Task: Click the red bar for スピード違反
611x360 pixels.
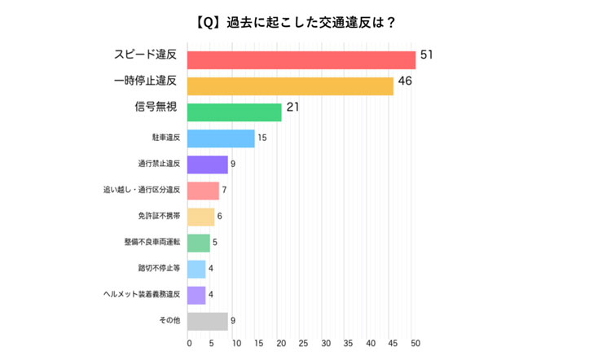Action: (301, 59)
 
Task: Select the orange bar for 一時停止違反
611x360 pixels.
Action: (290, 86)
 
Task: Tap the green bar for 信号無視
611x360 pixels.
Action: (235, 112)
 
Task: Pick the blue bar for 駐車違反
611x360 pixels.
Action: (221, 138)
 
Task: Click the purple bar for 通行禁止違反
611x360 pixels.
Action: (208, 165)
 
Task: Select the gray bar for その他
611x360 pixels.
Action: (208, 321)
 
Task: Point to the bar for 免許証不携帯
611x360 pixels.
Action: (201, 217)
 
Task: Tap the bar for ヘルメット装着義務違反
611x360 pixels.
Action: (196, 295)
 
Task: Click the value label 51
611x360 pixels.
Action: (426, 55)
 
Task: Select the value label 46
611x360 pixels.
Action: (404, 81)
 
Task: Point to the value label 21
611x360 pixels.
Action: (293, 108)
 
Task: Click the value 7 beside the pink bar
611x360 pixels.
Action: (224, 191)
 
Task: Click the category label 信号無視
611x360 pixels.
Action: (156, 108)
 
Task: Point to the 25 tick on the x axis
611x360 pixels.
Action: (303, 344)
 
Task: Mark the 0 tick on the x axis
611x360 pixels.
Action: (189, 344)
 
